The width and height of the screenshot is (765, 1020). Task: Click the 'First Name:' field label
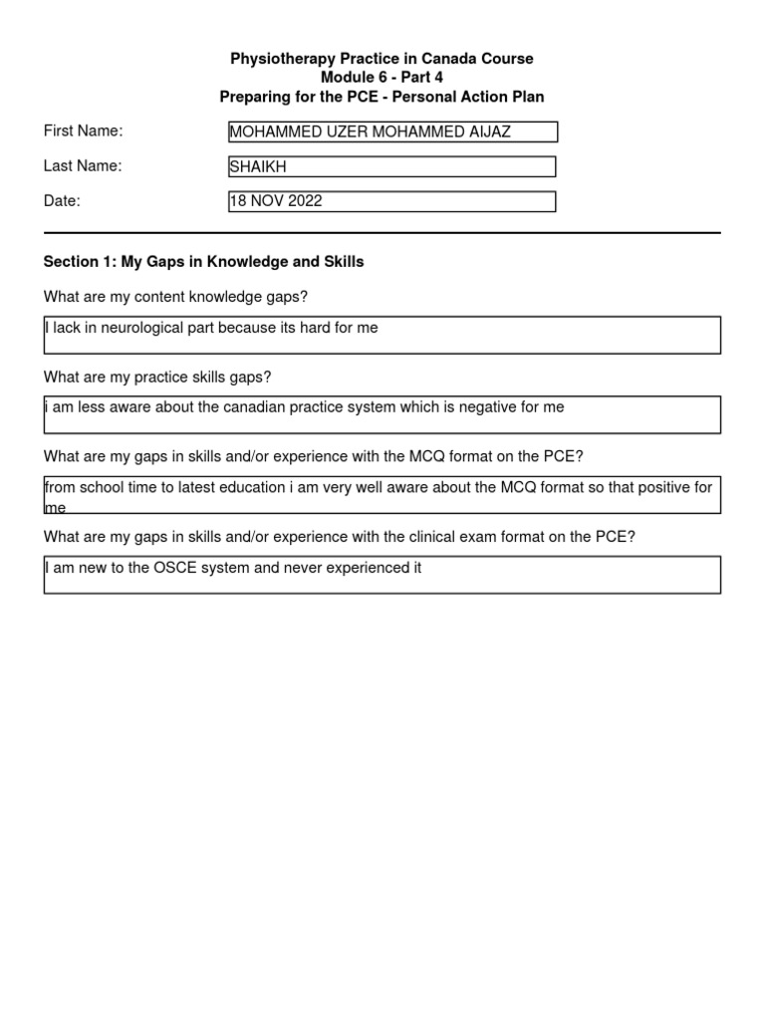pyautogui.click(x=83, y=131)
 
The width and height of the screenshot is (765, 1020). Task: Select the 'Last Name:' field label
pyautogui.click(x=83, y=166)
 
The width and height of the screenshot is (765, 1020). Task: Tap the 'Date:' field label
pyautogui.click(x=62, y=201)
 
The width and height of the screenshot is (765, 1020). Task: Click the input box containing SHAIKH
pyautogui.click(x=391, y=167)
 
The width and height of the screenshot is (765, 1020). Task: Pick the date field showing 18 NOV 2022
pyautogui.click(x=391, y=201)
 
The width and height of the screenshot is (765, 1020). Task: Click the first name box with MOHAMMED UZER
pyautogui.click(x=392, y=131)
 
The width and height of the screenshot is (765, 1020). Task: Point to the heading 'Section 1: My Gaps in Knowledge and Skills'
pyautogui.click(x=203, y=262)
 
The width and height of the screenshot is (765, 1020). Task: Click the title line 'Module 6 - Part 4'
pyautogui.click(x=382, y=78)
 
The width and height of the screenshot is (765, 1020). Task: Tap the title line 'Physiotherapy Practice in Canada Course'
pyautogui.click(x=382, y=59)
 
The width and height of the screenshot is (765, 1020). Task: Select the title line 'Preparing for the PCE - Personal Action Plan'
pyautogui.click(x=382, y=97)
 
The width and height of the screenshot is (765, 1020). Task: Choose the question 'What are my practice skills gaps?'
pyautogui.click(x=157, y=377)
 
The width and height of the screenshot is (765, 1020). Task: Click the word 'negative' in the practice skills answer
pyautogui.click(x=470, y=407)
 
